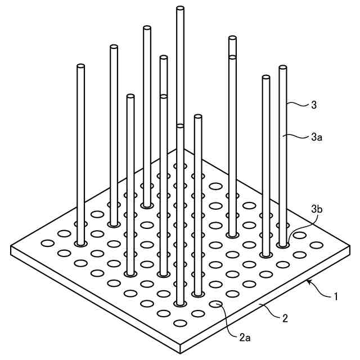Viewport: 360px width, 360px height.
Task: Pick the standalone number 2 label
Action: point(285,318)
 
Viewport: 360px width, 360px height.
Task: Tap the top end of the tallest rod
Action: point(180,8)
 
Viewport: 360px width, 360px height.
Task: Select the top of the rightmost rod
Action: point(282,68)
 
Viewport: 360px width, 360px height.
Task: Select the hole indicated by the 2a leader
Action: point(214,304)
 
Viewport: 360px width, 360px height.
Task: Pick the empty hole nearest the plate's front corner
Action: point(181,323)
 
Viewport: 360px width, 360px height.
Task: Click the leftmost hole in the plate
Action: point(47,244)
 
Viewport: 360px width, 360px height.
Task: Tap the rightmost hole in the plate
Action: point(317,244)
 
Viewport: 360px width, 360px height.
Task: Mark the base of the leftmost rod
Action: point(80,244)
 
